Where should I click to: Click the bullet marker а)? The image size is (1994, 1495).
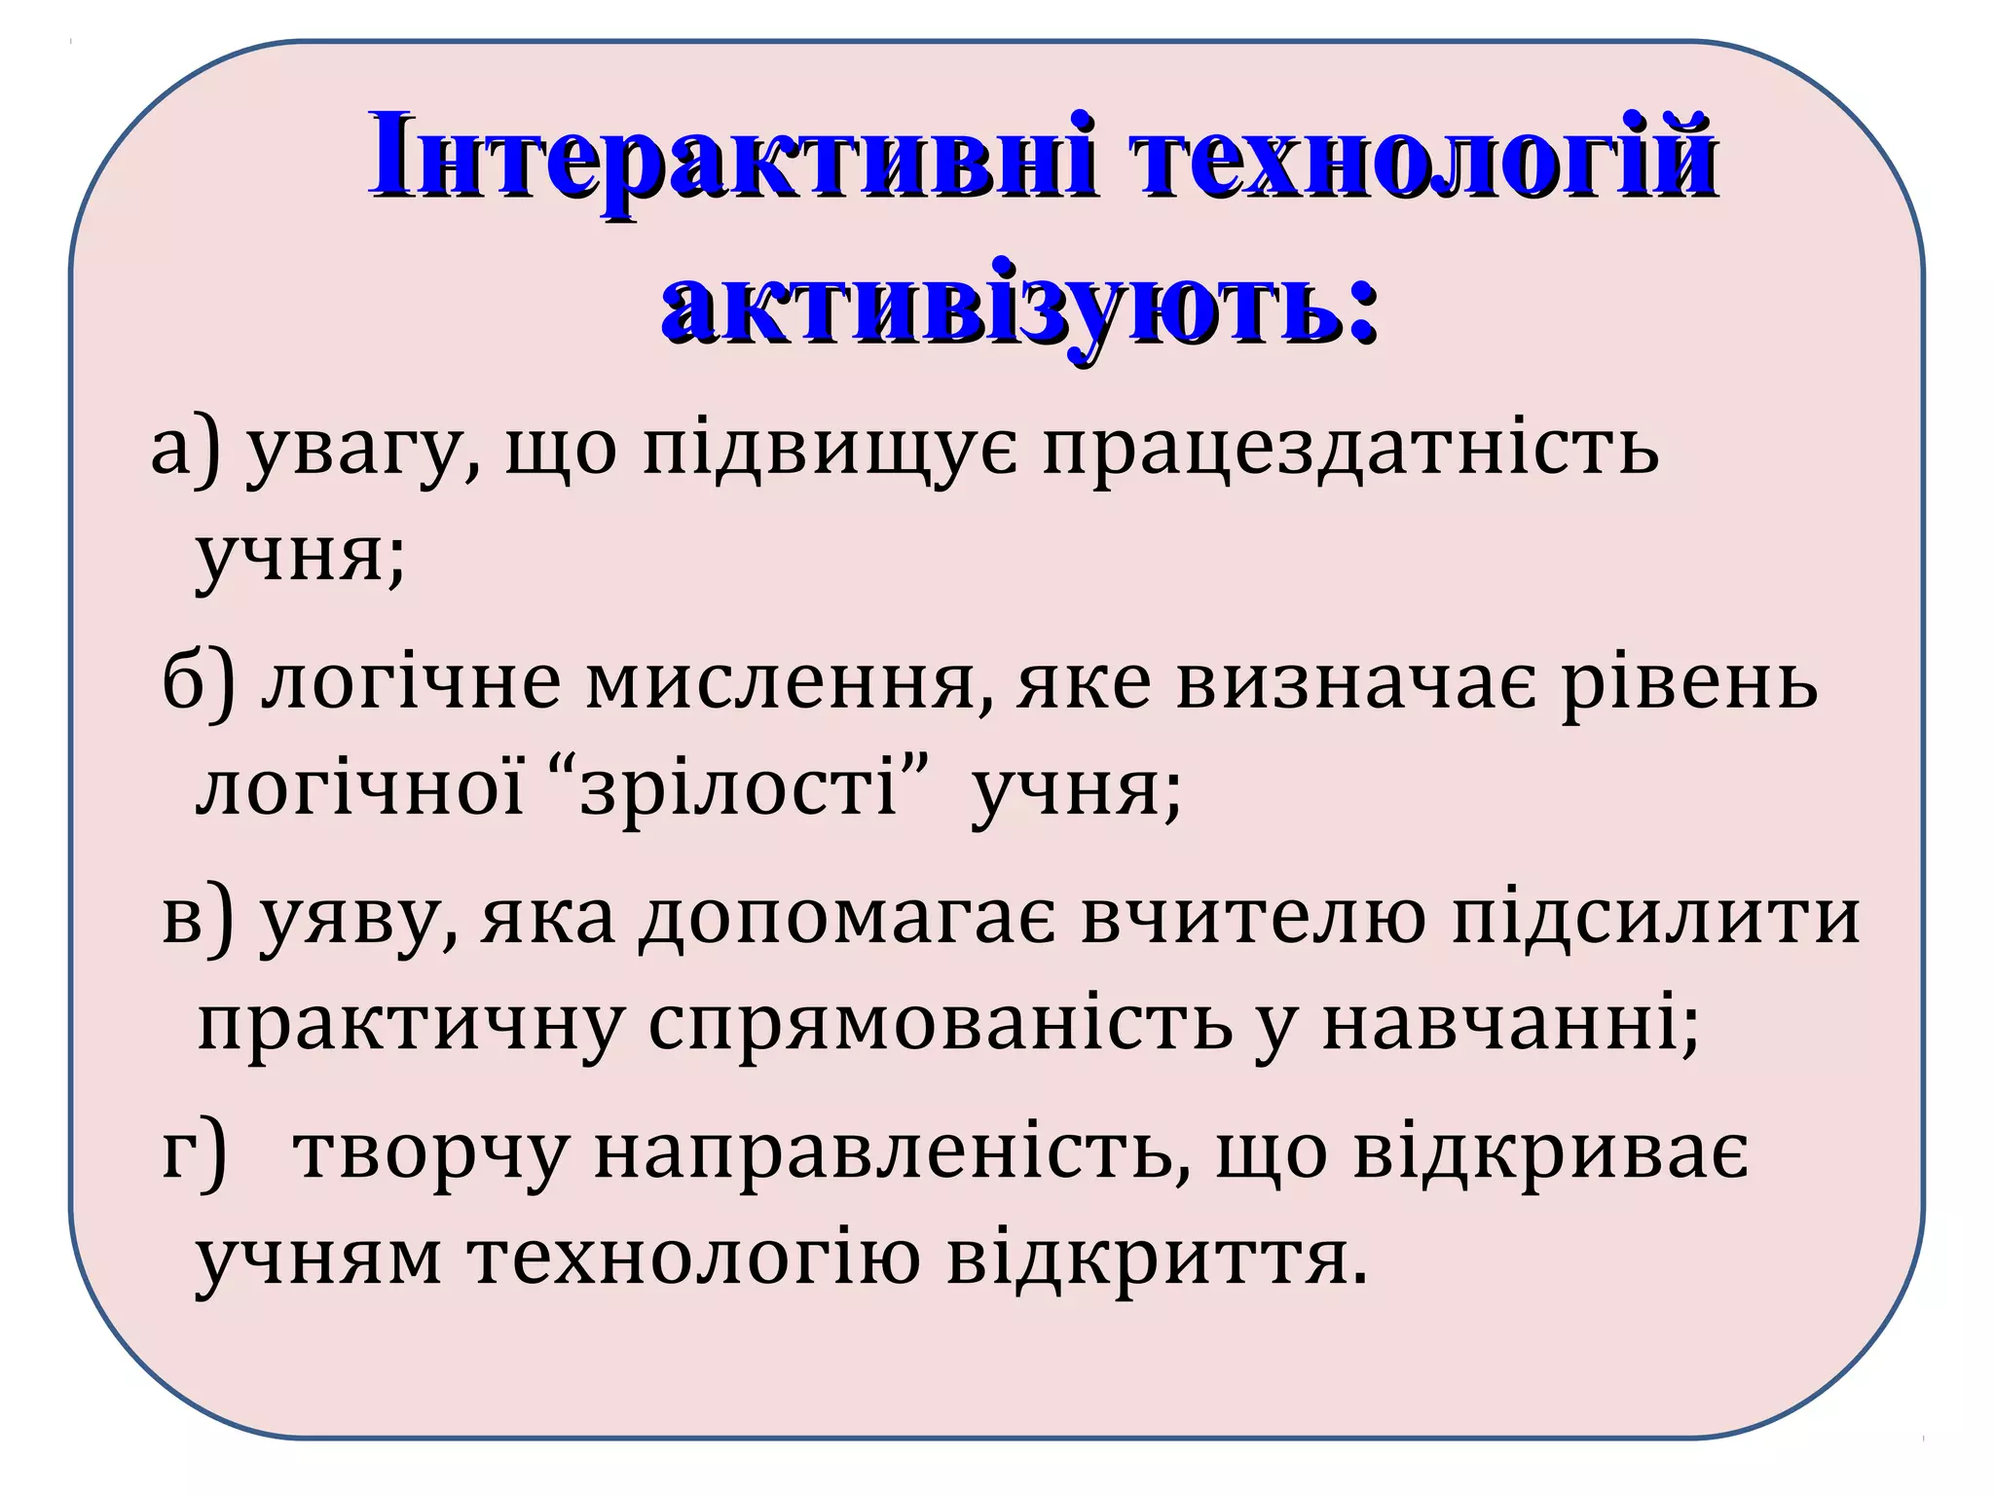186,450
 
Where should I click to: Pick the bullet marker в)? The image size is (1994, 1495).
199,917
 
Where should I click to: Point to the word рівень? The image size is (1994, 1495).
1690,683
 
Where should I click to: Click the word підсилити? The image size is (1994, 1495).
1656,919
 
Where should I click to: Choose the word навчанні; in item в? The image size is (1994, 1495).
1510,1024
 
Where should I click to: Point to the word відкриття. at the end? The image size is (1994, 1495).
1158,1259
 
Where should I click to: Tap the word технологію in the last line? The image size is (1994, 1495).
695,1259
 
